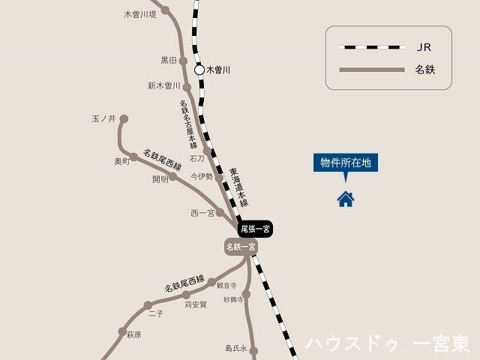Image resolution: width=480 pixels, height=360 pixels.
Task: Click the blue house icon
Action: pyautogui.click(x=346, y=199)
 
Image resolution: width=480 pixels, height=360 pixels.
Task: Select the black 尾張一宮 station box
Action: pyautogui.click(x=256, y=229)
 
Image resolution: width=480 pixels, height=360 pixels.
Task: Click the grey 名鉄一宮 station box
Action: pyautogui.click(x=241, y=246)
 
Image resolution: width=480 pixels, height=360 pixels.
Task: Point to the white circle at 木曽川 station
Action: pyautogui.click(x=199, y=70)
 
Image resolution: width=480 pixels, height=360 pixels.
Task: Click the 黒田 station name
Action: pyautogui.click(x=168, y=60)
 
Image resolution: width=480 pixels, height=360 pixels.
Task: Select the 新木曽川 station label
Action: pyautogui.click(x=164, y=85)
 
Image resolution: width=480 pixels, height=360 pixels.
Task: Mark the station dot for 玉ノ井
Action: pyautogui.click(x=124, y=118)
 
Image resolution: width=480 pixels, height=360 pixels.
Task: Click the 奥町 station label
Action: pyautogui.click(x=121, y=160)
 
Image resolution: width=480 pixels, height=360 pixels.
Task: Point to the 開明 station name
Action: pyautogui.click(x=160, y=179)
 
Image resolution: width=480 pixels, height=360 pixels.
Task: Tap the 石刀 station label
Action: pyautogui.click(x=196, y=159)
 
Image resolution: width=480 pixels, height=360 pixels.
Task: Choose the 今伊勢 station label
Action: pyautogui.click(x=201, y=177)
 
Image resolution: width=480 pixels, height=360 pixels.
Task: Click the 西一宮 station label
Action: pyautogui.click(x=202, y=213)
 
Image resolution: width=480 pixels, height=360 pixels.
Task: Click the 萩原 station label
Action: pyautogui.click(x=133, y=334)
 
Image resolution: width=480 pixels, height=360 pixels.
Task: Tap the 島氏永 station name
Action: pyautogui.click(x=235, y=348)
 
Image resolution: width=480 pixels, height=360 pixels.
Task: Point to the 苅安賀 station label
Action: pyautogui.click(x=195, y=304)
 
